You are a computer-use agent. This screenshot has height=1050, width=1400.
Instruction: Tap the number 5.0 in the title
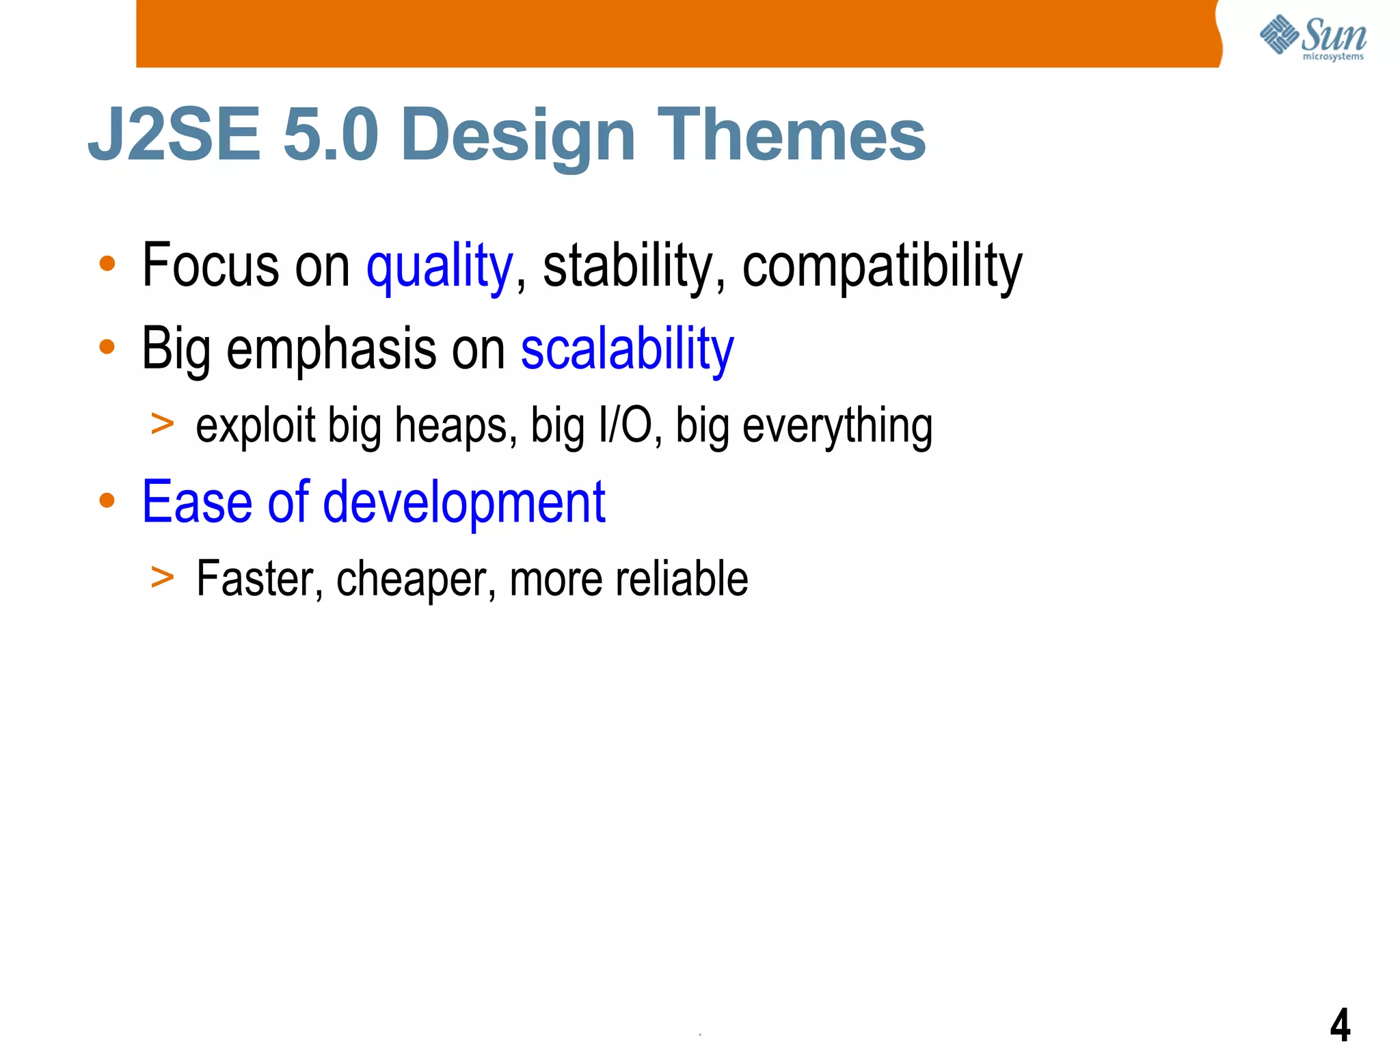[330, 135]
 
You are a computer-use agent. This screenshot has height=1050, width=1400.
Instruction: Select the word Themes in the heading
[791, 135]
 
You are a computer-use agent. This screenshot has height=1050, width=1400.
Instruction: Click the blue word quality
[440, 267]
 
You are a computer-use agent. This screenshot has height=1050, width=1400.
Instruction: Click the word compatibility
[882, 267]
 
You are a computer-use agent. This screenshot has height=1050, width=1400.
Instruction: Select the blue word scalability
[627, 350]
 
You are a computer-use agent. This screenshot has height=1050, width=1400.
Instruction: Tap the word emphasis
[331, 350]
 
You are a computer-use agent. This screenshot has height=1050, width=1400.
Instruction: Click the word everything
[837, 427]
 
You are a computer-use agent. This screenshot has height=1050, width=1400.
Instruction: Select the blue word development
[463, 503]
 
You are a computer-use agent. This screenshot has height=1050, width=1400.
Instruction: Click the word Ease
[197, 503]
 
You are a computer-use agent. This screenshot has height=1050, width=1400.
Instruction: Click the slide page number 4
[1340, 1025]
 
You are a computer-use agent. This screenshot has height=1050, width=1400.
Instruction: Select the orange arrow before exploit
[163, 424]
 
